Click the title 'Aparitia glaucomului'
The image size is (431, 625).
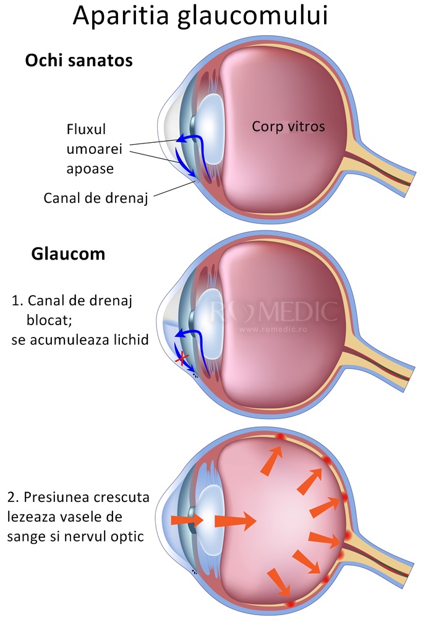pyautogui.click(x=200, y=17)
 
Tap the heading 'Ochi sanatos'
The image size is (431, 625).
pyautogui.click(x=79, y=61)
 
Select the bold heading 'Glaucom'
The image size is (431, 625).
pyautogui.click(x=68, y=254)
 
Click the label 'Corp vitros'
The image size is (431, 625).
pyautogui.click(x=288, y=126)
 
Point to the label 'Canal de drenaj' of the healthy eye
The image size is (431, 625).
pyautogui.click(x=96, y=198)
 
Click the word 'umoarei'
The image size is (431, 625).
pyautogui.click(x=94, y=149)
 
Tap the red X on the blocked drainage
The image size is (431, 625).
pyautogui.click(x=181, y=359)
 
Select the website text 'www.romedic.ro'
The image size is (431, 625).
pyautogui.click(x=273, y=330)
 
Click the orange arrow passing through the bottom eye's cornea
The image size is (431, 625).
pyautogui.click(x=187, y=520)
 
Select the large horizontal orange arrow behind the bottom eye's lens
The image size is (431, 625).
pyautogui.click(x=235, y=520)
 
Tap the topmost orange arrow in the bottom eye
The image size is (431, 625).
pyautogui.click(x=272, y=461)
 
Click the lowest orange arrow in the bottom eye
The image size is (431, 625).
pyautogui.click(x=279, y=582)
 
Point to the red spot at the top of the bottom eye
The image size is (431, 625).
pyautogui.click(x=280, y=437)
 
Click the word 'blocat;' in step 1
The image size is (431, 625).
pyautogui.click(x=49, y=320)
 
